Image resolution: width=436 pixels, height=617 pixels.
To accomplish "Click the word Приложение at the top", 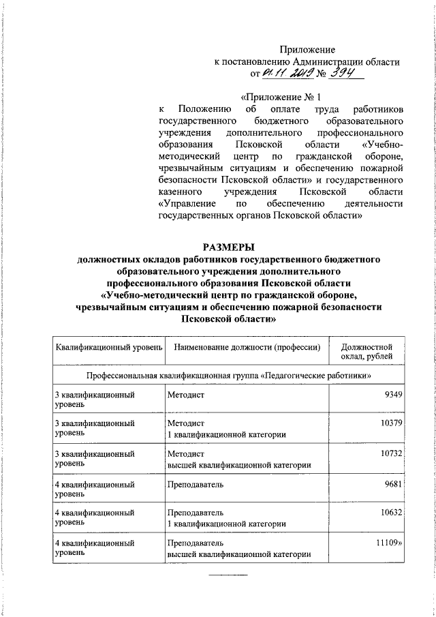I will [309, 49].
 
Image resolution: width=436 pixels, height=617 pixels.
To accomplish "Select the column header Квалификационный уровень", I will [108, 347].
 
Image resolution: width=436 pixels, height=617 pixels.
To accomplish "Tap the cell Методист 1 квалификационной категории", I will [225, 430].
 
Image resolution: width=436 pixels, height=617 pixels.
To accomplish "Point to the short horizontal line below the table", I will [228, 575].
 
